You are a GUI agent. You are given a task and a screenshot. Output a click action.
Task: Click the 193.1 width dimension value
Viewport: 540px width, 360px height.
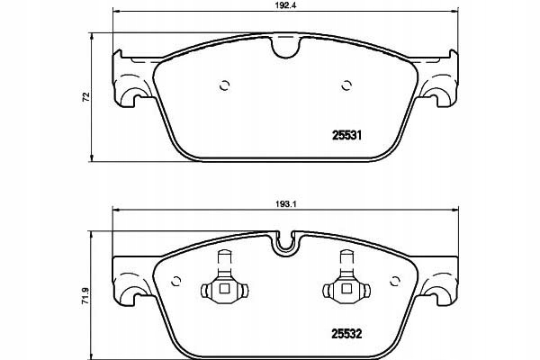pyautogui.click(x=283, y=203)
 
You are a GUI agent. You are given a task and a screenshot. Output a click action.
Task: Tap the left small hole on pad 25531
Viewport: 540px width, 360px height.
pyautogui.click(x=224, y=86)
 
